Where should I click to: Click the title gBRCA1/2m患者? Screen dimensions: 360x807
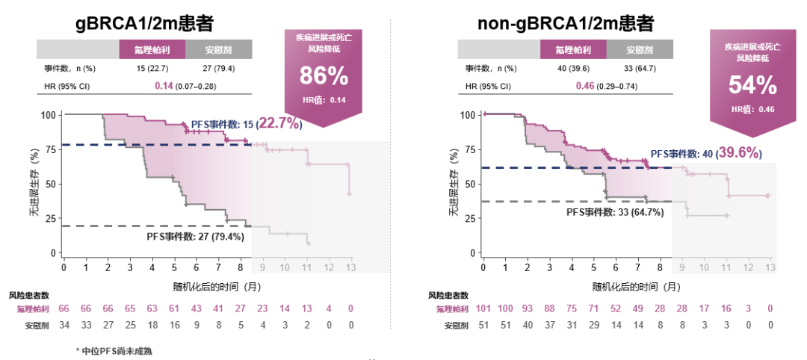pos(144,23)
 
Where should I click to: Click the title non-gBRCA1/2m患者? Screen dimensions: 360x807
pos(566,23)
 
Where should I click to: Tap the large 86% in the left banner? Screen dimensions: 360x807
pos(324,76)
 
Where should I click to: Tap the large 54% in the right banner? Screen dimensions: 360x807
pos(752,86)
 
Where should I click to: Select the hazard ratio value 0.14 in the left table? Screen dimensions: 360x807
pos(164,86)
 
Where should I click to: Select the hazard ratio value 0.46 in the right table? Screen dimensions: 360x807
pos(584,86)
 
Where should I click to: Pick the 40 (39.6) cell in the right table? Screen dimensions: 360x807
pos(573,68)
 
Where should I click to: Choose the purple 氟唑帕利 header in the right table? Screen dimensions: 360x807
pos(573,50)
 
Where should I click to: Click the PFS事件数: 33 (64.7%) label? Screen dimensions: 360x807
pos(615,212)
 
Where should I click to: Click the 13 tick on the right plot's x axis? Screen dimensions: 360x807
pos(769,267)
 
